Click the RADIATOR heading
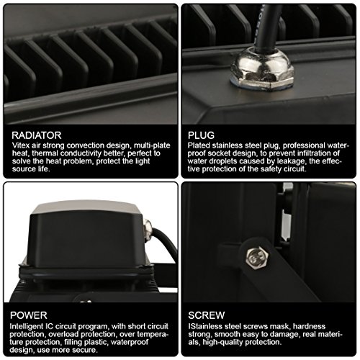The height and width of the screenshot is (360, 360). [x=37, y=135]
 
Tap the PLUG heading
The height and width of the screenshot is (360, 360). [x=201, y=135]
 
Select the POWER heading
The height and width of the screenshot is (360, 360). [x=29, y=315]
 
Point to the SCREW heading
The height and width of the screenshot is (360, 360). [x=207, y=315]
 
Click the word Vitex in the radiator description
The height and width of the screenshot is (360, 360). [x=21, y=145]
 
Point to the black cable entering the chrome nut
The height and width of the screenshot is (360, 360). [x=268, y=27]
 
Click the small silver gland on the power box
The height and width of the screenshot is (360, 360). [x=148, y=230]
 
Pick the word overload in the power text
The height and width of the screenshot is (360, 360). [x=60, y=334]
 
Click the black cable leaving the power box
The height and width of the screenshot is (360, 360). [x=166, y=243]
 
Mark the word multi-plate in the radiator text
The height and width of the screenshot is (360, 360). [x=152, y=145]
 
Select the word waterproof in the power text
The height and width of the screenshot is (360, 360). [x=130, y=343]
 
